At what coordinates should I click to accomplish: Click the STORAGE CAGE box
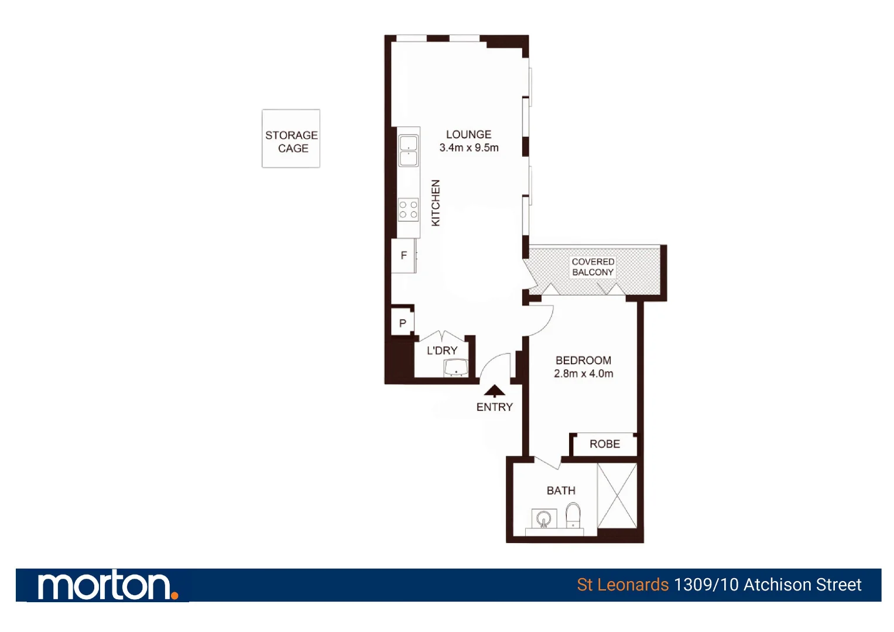click(291, 139)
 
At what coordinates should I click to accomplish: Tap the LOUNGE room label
click(468, 135)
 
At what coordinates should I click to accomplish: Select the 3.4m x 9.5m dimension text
click(469, 148)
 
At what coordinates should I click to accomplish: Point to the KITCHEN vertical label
click(436, 202)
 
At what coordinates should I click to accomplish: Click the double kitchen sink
click(409, 151)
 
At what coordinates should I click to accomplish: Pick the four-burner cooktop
click(409, 210)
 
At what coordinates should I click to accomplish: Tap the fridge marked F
click(403, 256)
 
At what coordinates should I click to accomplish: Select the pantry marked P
click(402, 323)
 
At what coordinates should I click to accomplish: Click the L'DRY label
click(442, 351)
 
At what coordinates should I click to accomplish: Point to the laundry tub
click(455, 368)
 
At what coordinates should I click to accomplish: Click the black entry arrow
click(495, 391)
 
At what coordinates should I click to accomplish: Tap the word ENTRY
click(495, 407)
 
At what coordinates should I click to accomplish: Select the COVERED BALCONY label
click(593, 267)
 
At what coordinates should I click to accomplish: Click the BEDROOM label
click(583, 360)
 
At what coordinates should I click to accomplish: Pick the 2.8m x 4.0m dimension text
click(584, 374)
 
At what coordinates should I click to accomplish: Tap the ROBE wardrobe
click(604, 444)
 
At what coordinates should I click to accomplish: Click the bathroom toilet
click(573, 516)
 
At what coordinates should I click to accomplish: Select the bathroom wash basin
click(544, 518)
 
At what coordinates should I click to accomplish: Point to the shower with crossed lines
click(617, 496)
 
